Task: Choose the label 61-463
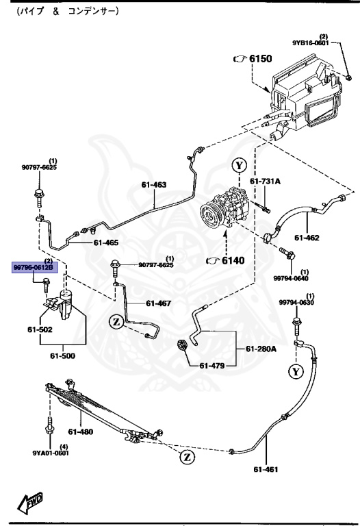point(154,184)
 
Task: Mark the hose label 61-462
point(308,238)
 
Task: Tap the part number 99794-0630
point(296,303)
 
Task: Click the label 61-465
point(106,242)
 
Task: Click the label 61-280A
point(262,349)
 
